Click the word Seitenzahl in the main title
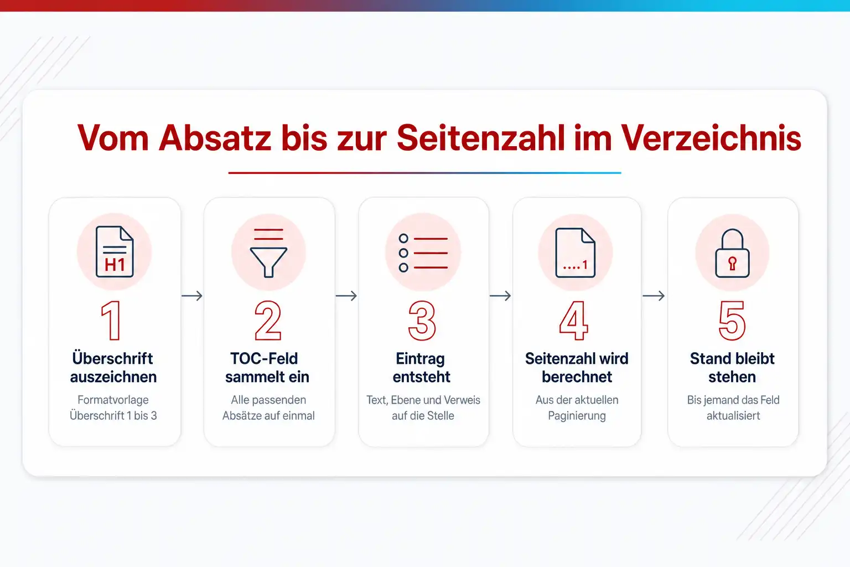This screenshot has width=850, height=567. (481, 137)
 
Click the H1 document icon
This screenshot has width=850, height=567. (115, 251)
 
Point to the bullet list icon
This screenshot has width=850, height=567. (423, 253)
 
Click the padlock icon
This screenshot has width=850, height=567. (732, 253)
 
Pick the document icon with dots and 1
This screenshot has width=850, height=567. (576, 253)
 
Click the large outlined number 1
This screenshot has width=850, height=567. (111, 320)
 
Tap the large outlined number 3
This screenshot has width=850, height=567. (422, 320)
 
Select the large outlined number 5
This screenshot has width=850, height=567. (732, 320)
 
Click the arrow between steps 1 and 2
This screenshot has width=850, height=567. (192, 296)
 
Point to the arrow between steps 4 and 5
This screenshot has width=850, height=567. (654, 296)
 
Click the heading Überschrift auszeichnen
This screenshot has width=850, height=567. (113, 368)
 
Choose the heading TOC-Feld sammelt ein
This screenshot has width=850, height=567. (267, 368)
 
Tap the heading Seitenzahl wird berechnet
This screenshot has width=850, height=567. (577, 368)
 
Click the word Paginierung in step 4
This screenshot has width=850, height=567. (577, 415)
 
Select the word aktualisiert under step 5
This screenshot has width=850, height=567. (733, 415)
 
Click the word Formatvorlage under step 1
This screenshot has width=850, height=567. (113, 400)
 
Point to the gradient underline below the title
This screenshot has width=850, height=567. (424, 173)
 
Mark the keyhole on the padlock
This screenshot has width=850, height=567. (732, 263)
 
